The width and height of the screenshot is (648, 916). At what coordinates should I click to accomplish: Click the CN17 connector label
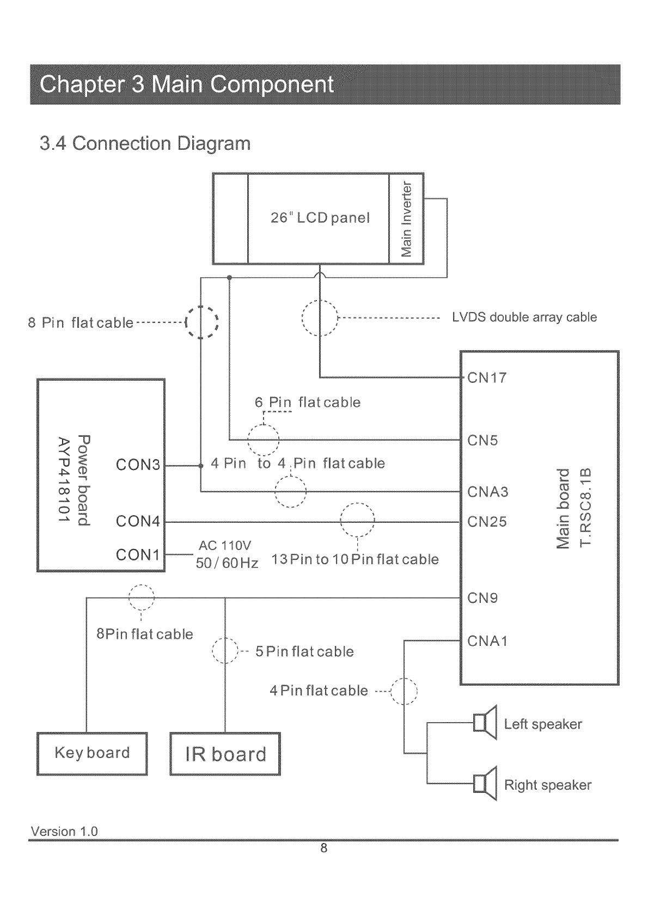487,378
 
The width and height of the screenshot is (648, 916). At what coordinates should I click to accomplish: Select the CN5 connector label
482,441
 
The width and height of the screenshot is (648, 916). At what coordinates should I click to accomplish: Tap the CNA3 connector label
488,492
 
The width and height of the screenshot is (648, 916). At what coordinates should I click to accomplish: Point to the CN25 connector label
487,522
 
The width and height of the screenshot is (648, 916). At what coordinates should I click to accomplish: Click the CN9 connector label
482,599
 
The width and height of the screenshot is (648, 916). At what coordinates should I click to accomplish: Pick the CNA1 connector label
487,641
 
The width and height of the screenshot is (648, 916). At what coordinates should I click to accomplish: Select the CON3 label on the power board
138,465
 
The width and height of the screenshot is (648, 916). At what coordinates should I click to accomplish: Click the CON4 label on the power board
138,522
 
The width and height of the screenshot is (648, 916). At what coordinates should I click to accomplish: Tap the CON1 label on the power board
138,555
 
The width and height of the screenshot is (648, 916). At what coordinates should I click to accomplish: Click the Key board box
92,753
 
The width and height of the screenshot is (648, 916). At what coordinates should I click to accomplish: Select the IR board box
225,754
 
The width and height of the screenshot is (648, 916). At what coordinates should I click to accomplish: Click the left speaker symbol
485,723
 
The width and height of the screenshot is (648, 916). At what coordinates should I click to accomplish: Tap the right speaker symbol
485,784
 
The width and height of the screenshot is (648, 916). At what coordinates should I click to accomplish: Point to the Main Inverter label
406,218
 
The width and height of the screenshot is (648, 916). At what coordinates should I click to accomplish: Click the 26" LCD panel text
320,218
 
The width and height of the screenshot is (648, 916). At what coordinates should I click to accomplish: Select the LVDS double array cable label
524,317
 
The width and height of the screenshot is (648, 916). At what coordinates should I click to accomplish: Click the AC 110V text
225,546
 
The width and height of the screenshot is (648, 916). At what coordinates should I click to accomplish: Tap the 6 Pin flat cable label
308,402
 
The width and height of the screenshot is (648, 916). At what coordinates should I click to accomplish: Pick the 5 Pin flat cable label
304,652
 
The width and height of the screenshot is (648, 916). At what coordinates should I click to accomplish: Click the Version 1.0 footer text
64,832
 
